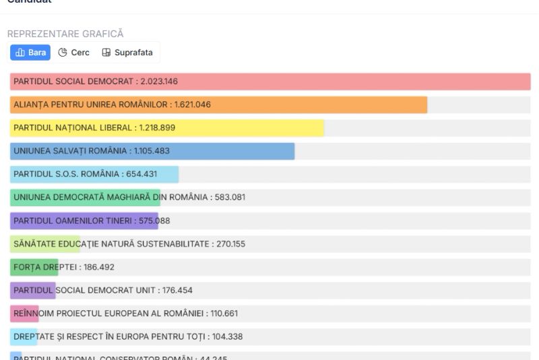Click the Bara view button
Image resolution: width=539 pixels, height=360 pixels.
pos(30,53)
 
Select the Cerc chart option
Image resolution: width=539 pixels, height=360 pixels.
pos(74,53)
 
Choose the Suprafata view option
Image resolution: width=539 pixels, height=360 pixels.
pos(127,53)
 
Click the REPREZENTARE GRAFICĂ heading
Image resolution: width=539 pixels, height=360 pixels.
pos(65,34)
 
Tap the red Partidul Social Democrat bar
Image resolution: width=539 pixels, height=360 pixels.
pos(337,82)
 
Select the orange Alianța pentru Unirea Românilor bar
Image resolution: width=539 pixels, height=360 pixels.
pos(303,104)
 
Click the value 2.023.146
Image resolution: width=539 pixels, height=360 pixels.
pos(158,82)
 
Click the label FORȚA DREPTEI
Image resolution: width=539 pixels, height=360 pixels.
pos(45,267)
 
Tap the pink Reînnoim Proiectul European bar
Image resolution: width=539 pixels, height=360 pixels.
pos(24,313)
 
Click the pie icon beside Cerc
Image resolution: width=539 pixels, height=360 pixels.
pos(63,53)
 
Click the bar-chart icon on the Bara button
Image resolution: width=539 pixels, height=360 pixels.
pos(20,53)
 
